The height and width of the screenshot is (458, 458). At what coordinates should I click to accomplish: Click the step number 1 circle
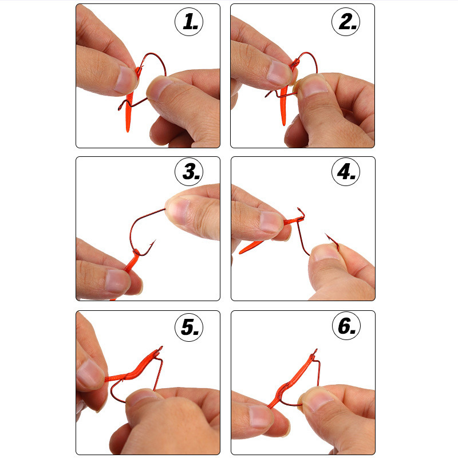[189, 22]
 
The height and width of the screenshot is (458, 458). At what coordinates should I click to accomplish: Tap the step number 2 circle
[346, 22]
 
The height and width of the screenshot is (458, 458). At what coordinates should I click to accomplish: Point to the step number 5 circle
[189, 327]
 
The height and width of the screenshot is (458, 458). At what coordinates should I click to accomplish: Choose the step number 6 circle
[346, 327]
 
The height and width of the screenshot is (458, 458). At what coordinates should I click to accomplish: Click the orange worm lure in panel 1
[129, 106]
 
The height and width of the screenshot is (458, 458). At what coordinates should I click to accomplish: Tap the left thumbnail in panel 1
[124, 78]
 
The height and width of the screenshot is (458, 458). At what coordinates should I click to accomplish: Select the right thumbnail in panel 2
[312, 87]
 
